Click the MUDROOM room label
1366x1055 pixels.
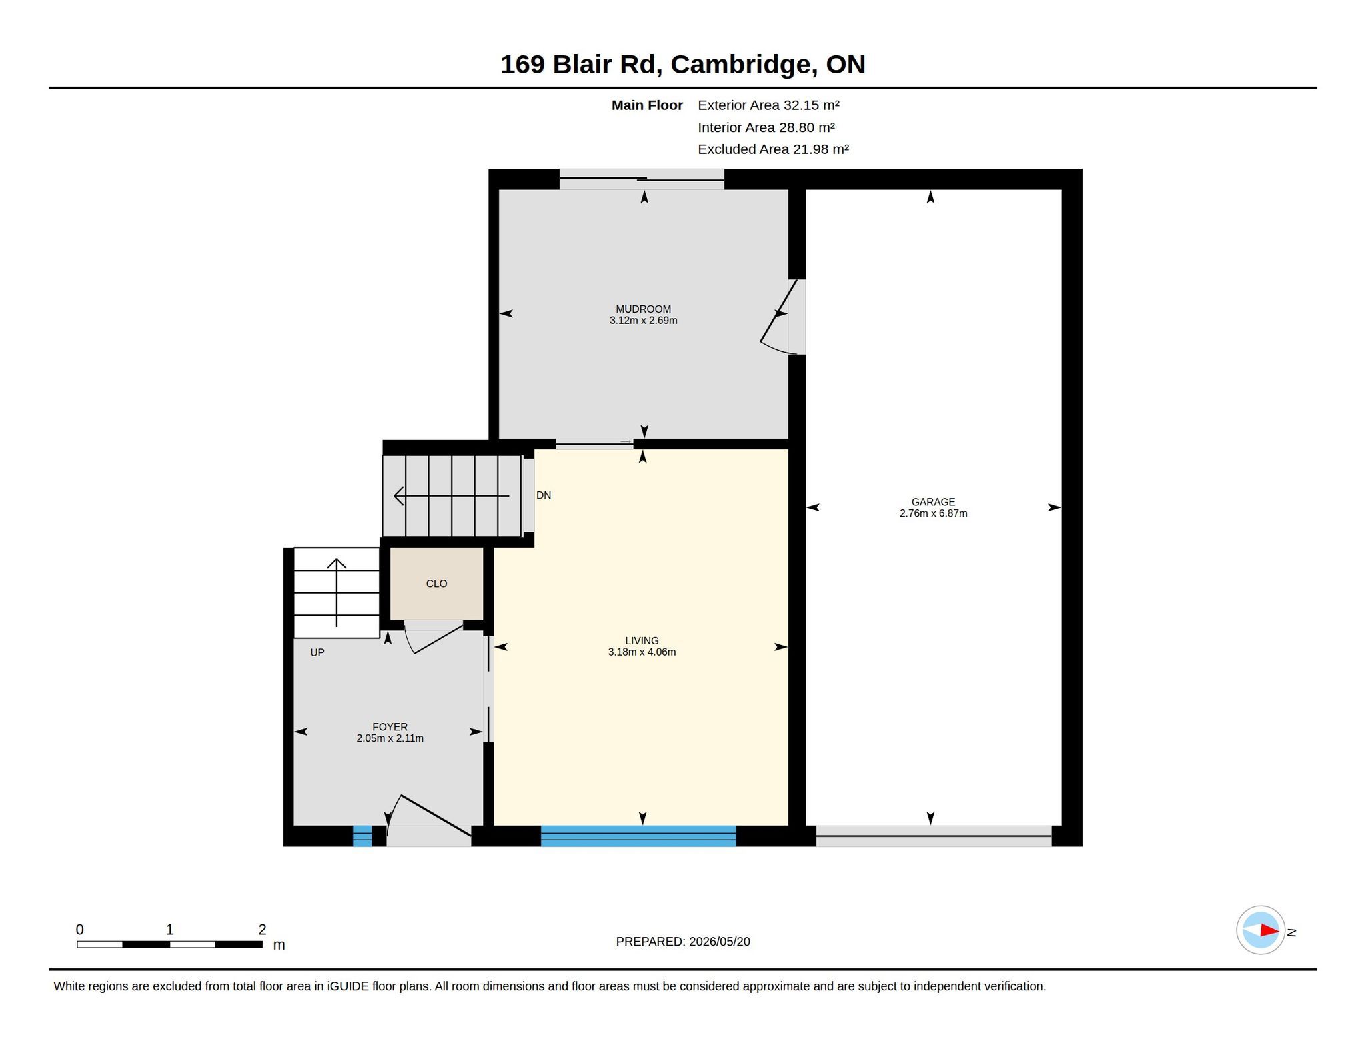pos(643,309)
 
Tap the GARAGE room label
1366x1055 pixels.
pos(933,502)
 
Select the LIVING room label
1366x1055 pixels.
pos(642,640)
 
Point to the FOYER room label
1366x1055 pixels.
pos(390,727)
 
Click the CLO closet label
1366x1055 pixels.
pos(436,584)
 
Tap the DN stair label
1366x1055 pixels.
pos(544,495)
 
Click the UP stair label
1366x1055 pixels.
pos(317,652)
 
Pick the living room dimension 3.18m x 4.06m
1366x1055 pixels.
pos(642,652)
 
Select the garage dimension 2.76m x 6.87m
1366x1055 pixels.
pos(933,513)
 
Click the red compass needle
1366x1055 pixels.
pos(1269,930)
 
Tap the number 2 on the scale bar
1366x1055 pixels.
pos(262,929)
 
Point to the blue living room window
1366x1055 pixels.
pos(638,836)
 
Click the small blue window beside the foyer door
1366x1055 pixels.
pos(362,836)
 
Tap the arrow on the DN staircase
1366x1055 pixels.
pos(452,496)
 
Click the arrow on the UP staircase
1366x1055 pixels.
pos(337,592)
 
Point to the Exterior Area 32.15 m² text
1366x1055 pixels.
pos(768,105)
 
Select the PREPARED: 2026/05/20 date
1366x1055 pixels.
pos(683,942)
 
